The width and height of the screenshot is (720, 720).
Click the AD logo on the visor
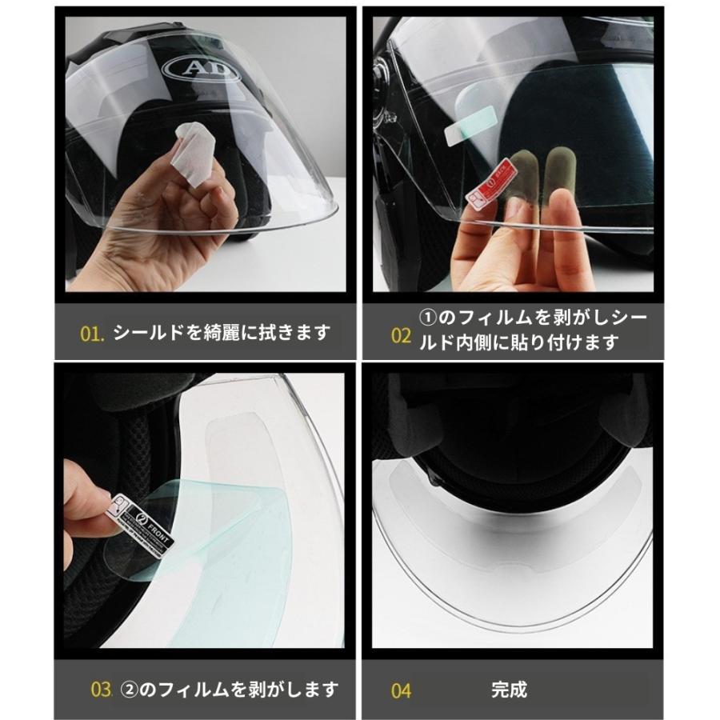pyautogui.click(x=201, y=70)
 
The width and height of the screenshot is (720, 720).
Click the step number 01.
pyautogui.click(x=93, y=332)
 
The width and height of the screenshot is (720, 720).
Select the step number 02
pyautogui.click(x=400, y=334)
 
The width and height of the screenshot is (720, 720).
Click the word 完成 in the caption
pyautogui.click(x=509, y=689)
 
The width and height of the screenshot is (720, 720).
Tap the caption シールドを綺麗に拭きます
pyautogui.click(x=221, y=332)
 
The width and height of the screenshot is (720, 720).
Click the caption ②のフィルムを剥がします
pyautogui.click(x=229, y=689)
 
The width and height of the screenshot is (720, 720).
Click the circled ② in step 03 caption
pyautogui.click(x=130, y=689)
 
